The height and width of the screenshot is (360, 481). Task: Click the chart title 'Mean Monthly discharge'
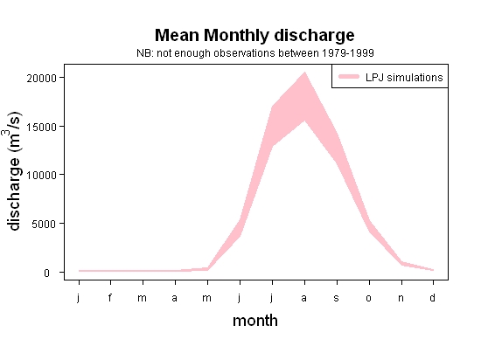click(x=254, y=35)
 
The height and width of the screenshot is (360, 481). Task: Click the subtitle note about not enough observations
click(x=255, y=53)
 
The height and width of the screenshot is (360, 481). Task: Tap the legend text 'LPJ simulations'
click(x=404, y=78)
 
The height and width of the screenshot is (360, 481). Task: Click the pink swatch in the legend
click(x=349, y=77)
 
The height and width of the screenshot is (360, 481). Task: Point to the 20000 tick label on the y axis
click(x=42, y=79)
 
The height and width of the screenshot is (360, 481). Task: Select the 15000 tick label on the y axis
click(x=42, y=127)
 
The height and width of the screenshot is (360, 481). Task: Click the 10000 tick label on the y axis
click(x=42, y=176)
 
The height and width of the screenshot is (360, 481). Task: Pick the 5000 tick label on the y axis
click(x=45, y=224)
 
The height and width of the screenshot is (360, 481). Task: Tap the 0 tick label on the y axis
click(x=46, y=273)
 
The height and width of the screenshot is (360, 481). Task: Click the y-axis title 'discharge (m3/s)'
click(x=13, y=171)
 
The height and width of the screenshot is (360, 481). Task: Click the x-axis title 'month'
click(x=255, y=321)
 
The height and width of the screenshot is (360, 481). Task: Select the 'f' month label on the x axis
click(x=110, y=297)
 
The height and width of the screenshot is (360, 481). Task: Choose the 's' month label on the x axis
click(x=336, y=298)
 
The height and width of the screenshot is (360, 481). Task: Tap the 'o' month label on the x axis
click(x=369, y=298)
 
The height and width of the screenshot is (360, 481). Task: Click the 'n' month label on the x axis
click(x=401, y=298)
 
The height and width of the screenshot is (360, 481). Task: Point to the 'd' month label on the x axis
click(x=432, y=297)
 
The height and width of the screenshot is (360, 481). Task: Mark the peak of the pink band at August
click(x=304, y=72)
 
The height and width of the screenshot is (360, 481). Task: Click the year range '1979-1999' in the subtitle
click(x=348, y=53)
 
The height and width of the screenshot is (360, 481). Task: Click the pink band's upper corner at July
click(x=272, y=107)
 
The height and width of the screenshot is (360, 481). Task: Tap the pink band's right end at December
click(x=433, y=270)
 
